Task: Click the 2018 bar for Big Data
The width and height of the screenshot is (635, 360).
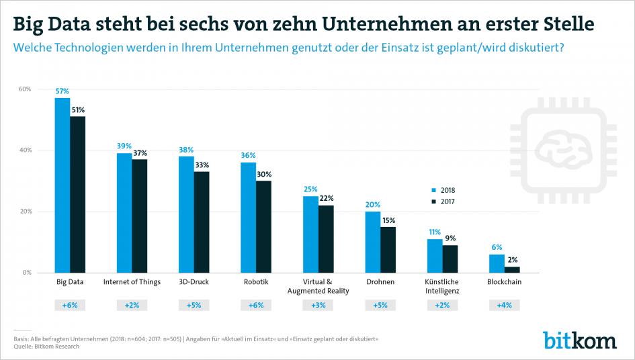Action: (x=62, y=185)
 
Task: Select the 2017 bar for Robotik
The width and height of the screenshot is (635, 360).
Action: (x=263, y=226)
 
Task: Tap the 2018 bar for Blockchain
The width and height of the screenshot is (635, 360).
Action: (x=497, y=263)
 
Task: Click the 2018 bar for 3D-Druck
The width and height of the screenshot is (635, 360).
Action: (x=186, y=214)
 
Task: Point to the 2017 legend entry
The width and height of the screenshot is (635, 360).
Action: (x=443, y=201)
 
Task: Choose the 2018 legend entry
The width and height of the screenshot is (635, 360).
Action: (x=443, y=190)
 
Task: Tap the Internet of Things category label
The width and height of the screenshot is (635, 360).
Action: (x=132, y=282)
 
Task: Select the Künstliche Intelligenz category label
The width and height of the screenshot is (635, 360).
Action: (x=442, y=286)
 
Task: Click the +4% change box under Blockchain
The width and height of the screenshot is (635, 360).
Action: (x=504, y=305)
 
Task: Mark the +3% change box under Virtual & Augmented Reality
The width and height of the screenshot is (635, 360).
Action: (x=318, y=305)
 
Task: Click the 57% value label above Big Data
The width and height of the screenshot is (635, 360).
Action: (x=62, y=91)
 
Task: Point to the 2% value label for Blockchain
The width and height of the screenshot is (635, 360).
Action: (x=512, y=260)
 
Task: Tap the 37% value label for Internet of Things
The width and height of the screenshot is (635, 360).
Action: (x=140, y=152)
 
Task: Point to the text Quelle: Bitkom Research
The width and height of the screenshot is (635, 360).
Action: (x=46, y=347)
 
